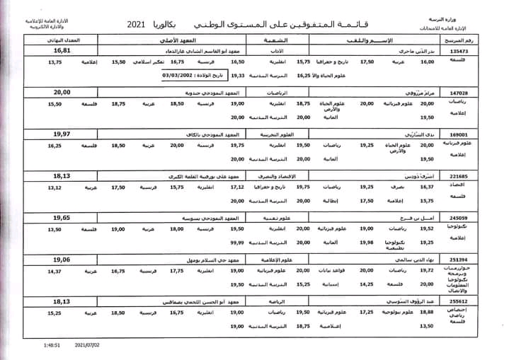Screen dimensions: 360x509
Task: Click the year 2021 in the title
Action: tap(137, 25)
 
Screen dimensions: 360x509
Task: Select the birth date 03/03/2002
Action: tap(162, 74)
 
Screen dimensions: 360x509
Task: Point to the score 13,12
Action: tap(55, 187)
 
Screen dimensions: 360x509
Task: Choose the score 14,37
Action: tap(55, 271)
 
